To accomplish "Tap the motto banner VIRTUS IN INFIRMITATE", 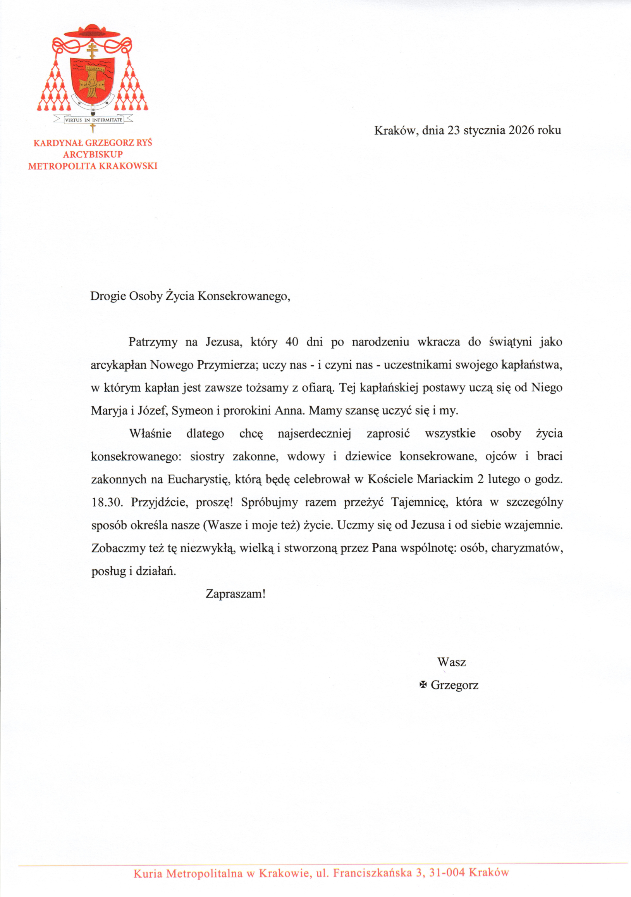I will click(x=93, y=120).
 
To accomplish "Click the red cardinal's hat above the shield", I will click(x=93, y=32).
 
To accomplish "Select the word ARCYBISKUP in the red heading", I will click(x=93, y=154).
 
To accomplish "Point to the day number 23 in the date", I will click(x=454, y=130).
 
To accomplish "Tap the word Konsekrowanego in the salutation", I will click(x=244, y=296).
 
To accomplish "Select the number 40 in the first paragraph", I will click(x=292, y=342).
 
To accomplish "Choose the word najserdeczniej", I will click(x=315, y=434).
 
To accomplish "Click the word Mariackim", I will click(x=445, y=479).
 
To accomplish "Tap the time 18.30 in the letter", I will click(x=107, y=503).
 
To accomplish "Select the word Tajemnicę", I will click(x=420, y=503).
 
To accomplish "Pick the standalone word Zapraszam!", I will click(x=236, y=594).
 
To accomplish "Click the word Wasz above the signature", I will click(x=452, y=662).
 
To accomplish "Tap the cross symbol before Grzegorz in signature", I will click(x=423, y=684).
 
